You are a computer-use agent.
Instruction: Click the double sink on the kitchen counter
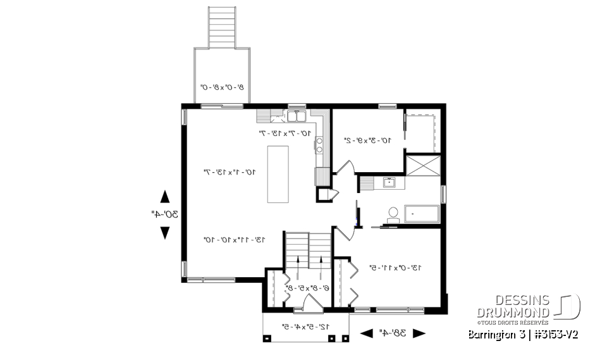[297, 116]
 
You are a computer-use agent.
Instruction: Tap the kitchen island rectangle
[278, 174]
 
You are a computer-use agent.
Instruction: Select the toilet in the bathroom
[392, 213]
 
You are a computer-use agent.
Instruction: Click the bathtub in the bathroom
[420, 214]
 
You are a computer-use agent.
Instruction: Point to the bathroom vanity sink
[389, 183]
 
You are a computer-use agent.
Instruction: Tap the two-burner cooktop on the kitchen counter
[319, 144]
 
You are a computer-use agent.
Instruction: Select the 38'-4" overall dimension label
[393, 333]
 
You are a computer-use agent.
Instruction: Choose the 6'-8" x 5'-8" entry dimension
[307, 287]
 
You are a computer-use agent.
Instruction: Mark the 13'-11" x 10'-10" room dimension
[225, 240]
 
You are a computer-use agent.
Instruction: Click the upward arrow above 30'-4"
[164, 196]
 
